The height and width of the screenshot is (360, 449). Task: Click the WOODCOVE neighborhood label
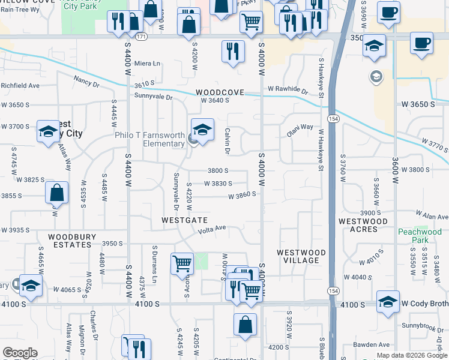[x=220, y=92]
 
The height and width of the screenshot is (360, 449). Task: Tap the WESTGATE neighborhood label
[x=185, y=220]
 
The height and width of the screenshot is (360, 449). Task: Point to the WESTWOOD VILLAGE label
[x=301, y=256]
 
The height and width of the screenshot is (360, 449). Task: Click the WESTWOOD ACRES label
[x=363, y=226]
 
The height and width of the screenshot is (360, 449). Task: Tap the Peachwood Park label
[x=420, y=236]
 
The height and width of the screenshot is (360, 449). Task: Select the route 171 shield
[x=140, y=37]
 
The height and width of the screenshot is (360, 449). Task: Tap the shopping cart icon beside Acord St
[x=182, y=263]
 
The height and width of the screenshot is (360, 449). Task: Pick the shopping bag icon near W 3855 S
[x=56, y=193]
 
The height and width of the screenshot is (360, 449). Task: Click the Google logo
[x=20, y=353]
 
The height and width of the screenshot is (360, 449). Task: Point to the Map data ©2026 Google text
[x=411, y=355]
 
